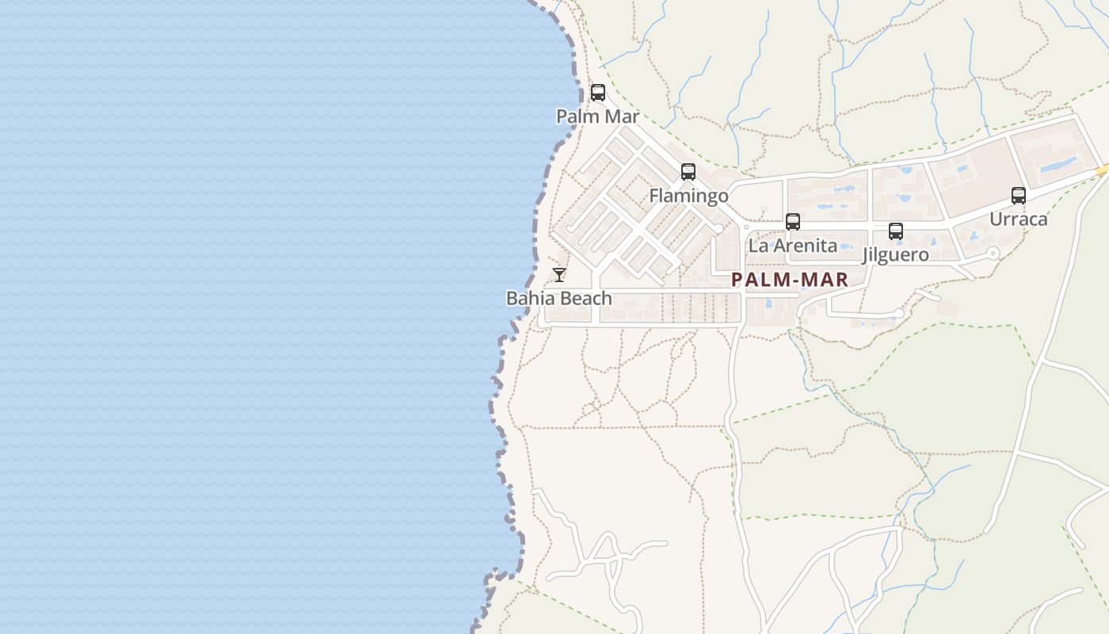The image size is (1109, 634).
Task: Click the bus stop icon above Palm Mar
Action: pos(598,93)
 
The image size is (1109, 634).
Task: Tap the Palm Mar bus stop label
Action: pos(597,116)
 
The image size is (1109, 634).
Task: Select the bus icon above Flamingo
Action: pos(688,172)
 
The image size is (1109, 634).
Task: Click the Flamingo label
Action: pos(688,196)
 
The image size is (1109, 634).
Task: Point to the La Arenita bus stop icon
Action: pos(793,222)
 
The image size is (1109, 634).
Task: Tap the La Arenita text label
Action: pos(792,246)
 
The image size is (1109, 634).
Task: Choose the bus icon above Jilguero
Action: pos(896,231)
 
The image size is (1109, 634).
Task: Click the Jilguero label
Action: pos(895,255)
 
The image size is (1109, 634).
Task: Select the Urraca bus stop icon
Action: pos(1019,195)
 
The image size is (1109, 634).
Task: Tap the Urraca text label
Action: pos(1019,220)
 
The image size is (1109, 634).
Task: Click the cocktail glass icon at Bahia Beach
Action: pos(559,275)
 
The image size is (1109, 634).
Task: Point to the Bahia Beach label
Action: pos(559,299)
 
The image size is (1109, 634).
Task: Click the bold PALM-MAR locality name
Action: pos(790,279)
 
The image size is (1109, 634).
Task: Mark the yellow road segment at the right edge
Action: pos(1102,169)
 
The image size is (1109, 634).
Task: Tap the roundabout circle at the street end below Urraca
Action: pos(993,254)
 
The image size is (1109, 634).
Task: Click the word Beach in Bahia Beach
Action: pos(586,299)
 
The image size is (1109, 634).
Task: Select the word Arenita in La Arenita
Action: pos(804,246)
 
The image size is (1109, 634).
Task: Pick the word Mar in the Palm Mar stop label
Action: pos(621,116)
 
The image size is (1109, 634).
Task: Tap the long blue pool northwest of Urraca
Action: pos(1058,165)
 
